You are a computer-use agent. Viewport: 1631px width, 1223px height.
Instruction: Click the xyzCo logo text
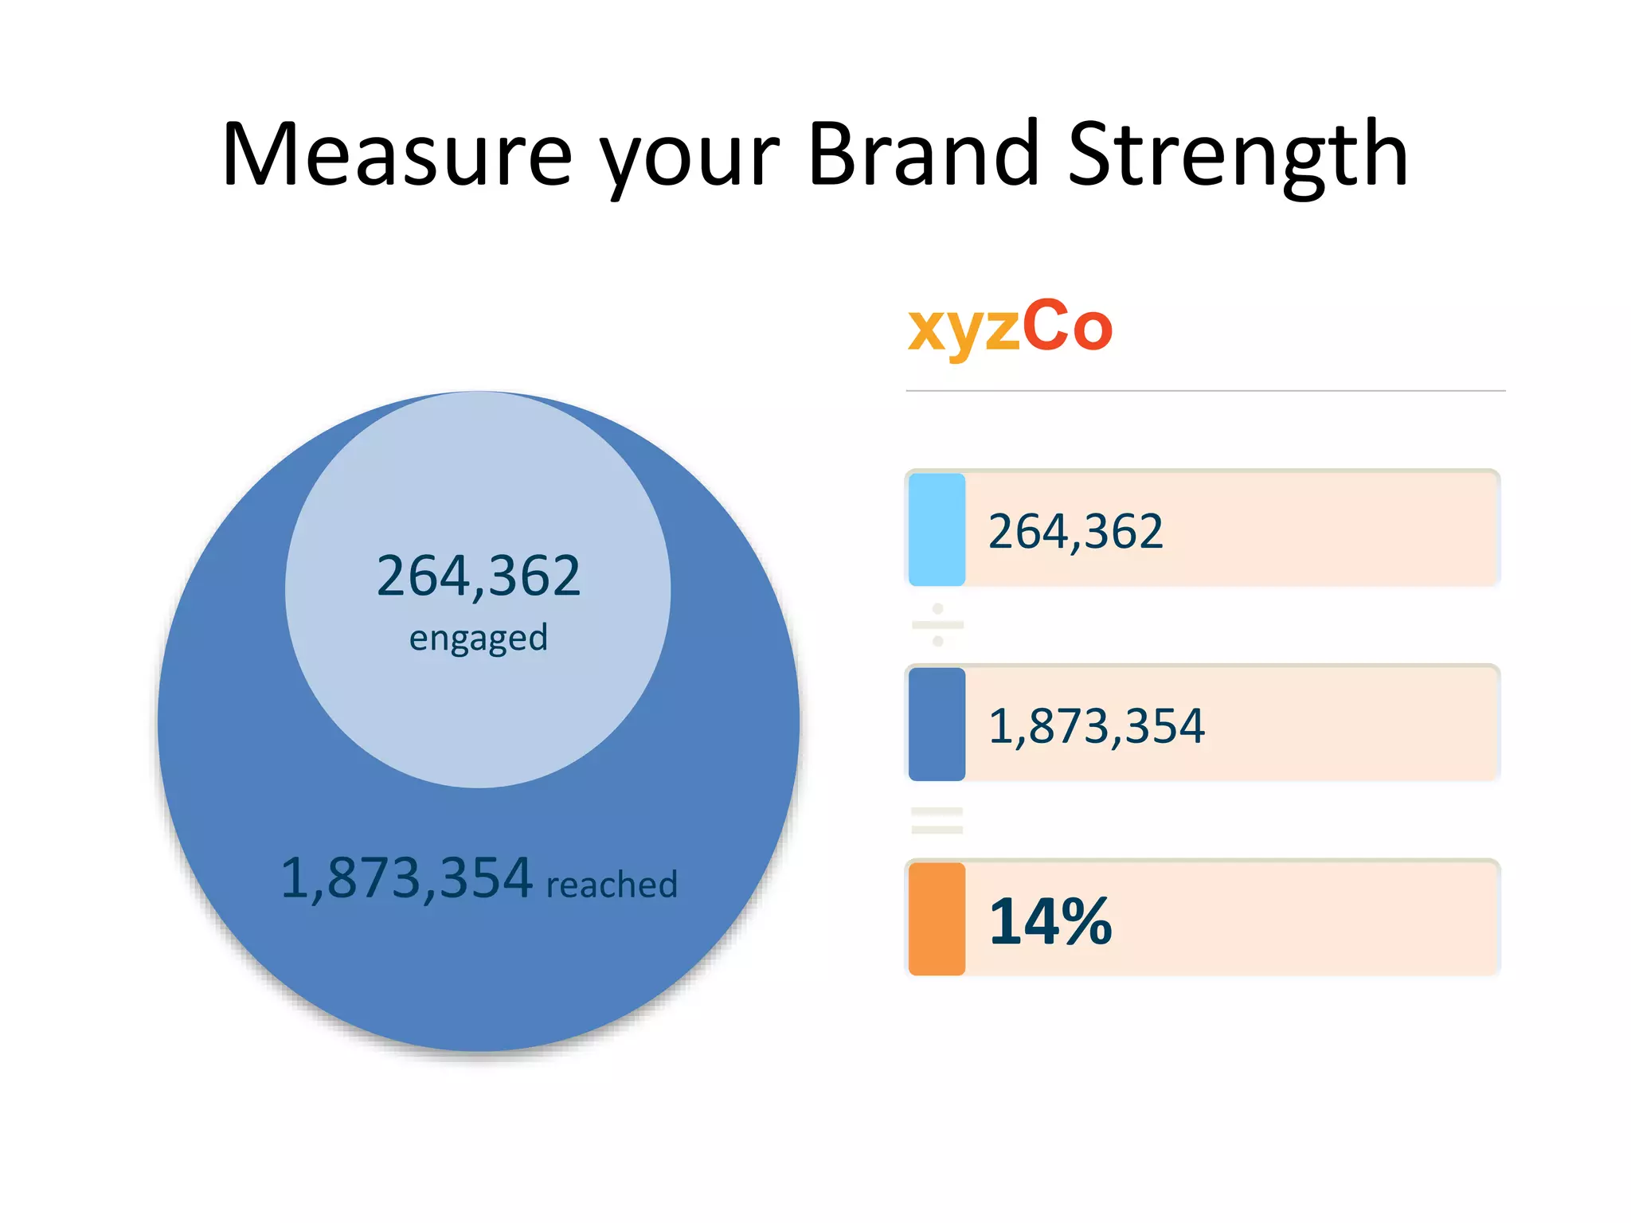(1009, 326)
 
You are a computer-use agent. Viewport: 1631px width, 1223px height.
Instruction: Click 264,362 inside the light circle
(478, 576)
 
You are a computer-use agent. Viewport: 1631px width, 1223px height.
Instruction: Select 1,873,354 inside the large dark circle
(406, 878)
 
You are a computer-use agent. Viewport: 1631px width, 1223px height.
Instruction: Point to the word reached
(612, 885)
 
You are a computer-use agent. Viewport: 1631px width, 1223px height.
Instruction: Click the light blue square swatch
(937, 529)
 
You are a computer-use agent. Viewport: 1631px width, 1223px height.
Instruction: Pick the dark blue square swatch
(937, 724)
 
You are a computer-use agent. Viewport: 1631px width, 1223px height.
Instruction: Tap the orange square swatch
(937, 919)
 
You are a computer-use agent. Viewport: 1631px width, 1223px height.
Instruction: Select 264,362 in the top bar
(1075, 531)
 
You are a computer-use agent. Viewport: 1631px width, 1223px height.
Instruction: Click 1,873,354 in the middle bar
(1096, 726)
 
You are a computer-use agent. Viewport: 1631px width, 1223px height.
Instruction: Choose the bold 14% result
(1050, 921)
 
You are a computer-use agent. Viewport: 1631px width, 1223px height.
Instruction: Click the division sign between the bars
(937, 625)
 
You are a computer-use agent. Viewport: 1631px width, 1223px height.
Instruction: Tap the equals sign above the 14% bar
(937, 820)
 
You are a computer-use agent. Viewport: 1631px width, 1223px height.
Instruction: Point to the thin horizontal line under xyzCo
(1204, 391)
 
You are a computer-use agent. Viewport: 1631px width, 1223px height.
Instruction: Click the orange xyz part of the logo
(963, 329)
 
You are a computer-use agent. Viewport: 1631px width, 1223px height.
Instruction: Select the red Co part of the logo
(1066, 326)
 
